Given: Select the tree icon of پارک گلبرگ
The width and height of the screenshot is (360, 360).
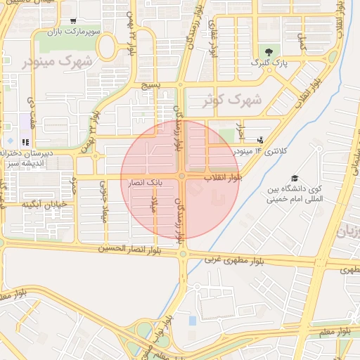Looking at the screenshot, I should [x=269, y=51].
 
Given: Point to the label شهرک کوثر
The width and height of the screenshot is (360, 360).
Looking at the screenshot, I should [x=232, y=101].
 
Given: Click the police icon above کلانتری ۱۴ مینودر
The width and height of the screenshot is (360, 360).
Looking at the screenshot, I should [x=261, y=140].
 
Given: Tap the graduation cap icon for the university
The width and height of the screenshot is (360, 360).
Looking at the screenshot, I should [x=295, y=178].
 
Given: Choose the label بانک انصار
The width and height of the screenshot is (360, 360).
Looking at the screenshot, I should [x=144, y=182].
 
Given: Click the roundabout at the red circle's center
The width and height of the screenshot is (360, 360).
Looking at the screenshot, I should [x=181, y=176].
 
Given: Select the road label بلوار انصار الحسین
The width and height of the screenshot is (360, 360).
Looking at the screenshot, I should [x=138, y=249].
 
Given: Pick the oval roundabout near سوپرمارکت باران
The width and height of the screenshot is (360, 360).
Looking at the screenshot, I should [x=107, y=48].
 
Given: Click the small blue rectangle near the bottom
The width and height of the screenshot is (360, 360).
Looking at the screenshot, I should [x=193, y=321].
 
